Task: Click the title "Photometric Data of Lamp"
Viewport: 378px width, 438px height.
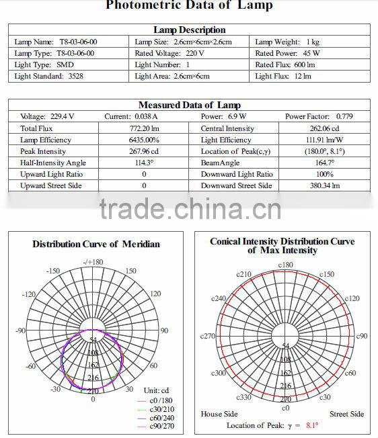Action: (189, 6)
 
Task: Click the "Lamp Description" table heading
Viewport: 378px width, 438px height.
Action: (189, 30)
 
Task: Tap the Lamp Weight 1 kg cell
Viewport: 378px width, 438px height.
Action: (287, 42)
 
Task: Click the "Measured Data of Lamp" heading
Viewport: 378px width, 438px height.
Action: (189, 105)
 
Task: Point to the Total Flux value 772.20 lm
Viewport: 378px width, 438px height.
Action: (144, 128)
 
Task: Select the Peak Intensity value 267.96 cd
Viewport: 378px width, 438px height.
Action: (144, 151)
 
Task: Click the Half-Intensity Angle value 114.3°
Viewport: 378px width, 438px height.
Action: (144, 163)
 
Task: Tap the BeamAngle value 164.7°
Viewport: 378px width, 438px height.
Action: (324, 163)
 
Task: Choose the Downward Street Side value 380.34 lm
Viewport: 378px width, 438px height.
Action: (324, 185)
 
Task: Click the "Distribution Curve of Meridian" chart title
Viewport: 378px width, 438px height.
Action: (96, 244)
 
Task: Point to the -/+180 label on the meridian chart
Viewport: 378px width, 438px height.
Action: (93, 262)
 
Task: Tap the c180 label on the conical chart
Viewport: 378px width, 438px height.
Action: (285, 265)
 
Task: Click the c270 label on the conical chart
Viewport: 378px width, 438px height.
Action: (208, 336)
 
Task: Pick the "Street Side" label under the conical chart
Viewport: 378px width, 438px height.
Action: (346, 414)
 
